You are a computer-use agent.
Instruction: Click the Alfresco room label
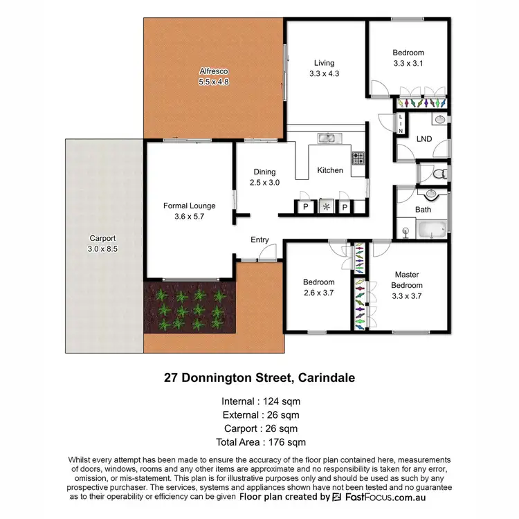click(214, 71)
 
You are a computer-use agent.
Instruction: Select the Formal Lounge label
click(189, 206)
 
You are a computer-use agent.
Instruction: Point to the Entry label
click(259, 240)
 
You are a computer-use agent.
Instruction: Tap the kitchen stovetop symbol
click(358, 158)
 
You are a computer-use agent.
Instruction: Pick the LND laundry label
click(424, 139)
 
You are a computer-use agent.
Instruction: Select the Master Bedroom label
click(408, 280)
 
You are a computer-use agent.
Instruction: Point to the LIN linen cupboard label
click(401, 122)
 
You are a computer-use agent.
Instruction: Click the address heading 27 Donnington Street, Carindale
click(259, 379)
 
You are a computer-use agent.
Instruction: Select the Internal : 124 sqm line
click(260, 401)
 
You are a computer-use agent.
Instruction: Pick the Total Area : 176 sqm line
click(260, 442)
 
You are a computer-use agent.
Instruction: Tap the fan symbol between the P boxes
click(325, 207)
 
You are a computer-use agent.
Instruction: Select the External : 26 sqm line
click(260, 415)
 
